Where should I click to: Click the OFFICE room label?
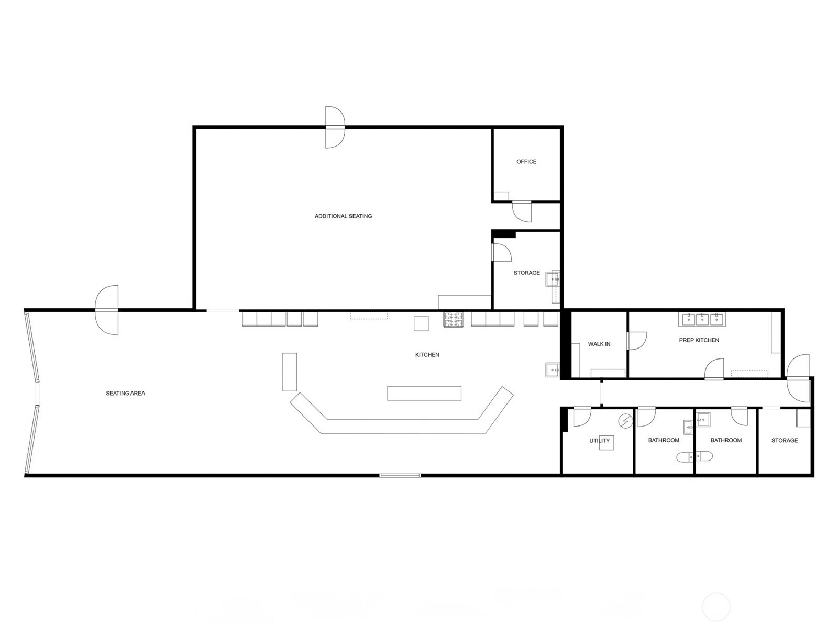(526, 162)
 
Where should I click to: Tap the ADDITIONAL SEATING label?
(343, 216)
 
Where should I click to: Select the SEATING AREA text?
(125, 393)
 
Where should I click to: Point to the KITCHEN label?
(427, 355)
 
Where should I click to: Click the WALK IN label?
(599, 344)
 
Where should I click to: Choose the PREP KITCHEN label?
(699, 340)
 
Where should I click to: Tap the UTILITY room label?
(599, 441)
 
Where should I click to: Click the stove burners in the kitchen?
(453, 320)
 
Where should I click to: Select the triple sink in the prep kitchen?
(702, 319)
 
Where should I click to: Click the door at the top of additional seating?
(335, 127)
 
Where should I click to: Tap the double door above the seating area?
(107, 310)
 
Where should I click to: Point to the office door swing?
(522, 211)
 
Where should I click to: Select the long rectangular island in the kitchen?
(424, 393)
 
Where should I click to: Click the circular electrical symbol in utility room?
(625, 421)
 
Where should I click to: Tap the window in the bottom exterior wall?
(400, 475)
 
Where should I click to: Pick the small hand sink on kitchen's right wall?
(553, 369)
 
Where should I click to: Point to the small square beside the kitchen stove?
(421, 323)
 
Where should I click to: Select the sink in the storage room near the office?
(553, 278)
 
